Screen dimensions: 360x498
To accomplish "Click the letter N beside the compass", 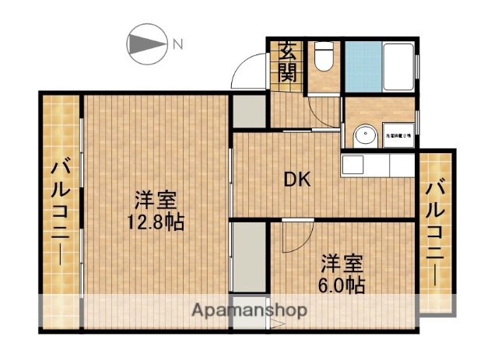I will pyautogui.click(x=178, y=44).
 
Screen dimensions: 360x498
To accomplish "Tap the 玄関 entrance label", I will pyautogui.click(x=288, y=63).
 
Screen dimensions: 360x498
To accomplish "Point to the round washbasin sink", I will pyautogui.click(x=363, y=138).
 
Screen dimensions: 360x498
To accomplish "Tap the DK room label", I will pyautogui.click(x=296, y=180).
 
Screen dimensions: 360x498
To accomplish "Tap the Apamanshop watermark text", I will pyautogui.click(x=249, y=310).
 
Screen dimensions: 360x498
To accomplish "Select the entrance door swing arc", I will pyautogui.click(x=247, y=72).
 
